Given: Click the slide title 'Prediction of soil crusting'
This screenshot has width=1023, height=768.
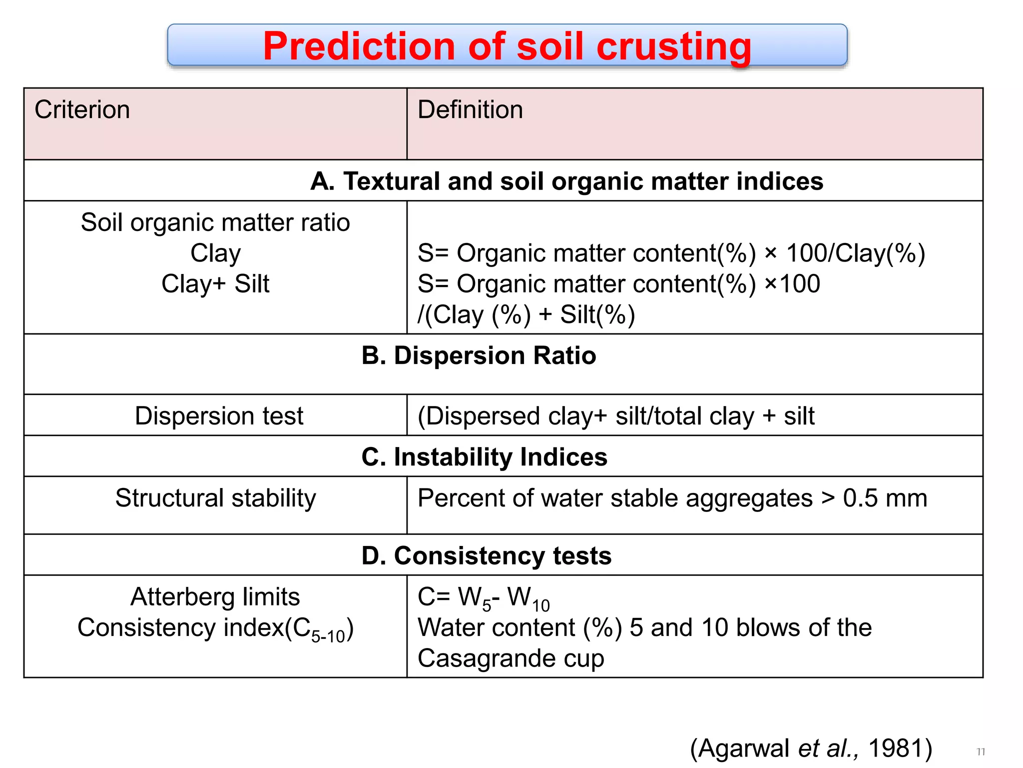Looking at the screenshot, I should point(507,46).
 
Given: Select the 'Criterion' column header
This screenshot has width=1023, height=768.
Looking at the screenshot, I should point(82,109).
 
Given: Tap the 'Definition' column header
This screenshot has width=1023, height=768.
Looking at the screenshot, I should point(470,109).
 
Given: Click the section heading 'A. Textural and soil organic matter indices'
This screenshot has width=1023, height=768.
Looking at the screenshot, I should point(566,181).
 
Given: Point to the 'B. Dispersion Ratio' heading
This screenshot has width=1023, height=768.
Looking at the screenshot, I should point(479,355).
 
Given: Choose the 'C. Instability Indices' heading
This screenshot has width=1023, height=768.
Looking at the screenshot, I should point(484,457).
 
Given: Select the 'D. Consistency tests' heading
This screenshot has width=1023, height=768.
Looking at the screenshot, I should point(487,555).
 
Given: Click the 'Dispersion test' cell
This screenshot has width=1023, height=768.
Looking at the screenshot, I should point(219,415).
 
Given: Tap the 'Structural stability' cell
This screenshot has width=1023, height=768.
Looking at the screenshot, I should point(216,498).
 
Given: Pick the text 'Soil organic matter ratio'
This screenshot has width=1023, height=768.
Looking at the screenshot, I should point(215,222).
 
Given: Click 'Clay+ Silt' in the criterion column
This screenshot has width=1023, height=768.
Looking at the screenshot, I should point(215,284).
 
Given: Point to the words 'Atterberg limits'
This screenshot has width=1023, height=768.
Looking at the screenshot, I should point(215,596).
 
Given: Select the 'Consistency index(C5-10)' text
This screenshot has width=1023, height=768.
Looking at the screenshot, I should point(215,628).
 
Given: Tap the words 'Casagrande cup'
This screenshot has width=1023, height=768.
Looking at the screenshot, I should point(511,658).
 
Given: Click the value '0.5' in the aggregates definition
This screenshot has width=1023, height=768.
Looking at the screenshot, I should point(860,498).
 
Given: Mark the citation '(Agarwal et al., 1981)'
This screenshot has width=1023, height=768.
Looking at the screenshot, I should point(811,748).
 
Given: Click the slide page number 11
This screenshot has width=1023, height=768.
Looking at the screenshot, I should point(981,751).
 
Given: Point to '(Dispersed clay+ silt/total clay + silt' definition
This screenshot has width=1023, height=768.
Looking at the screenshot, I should point(616,416).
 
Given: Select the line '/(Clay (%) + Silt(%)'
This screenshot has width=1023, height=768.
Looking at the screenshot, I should point(526,314).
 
